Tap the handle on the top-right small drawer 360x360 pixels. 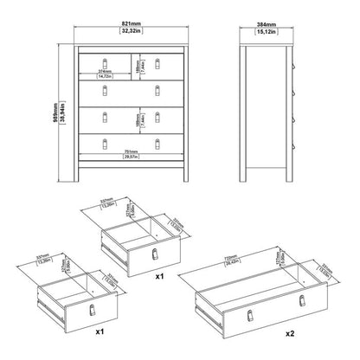pyautogui.click(x=157, y=62)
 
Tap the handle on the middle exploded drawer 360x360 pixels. pyautogui.click(x=153, y=253)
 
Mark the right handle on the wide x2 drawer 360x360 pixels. pyautogui.click(x=301, y=299)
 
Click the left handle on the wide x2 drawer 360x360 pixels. pyautogui.click(x=243, y=310)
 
